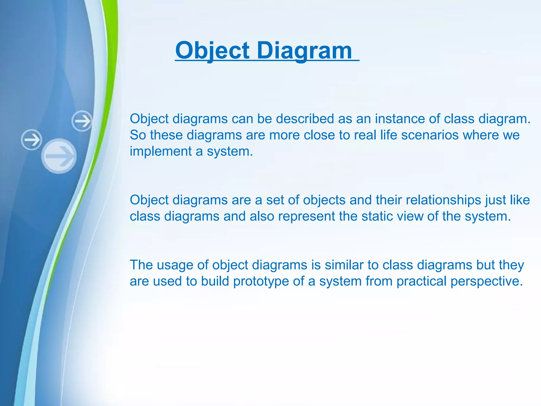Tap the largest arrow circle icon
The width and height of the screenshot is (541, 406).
pyautogui.click(x=59, y=156)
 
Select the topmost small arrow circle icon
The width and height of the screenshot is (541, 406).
pyautogui.click(x=82, y=121)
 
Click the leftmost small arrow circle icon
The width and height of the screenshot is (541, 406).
pyautogui.click(x=32, y=140)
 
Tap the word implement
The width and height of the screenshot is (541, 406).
pyautogui.click(x=161, y=151)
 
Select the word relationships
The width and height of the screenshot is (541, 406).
pyautogui.click(x=443, y=200)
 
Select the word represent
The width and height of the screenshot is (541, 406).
pyautogui.click(x=306, y=216)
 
